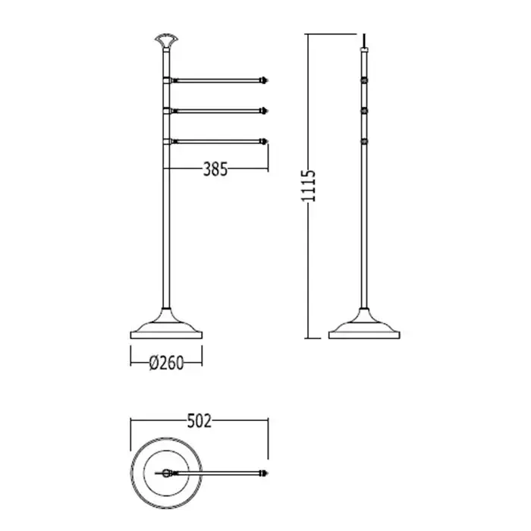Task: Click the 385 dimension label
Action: tap(215, 169)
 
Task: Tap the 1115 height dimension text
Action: tap(308, 186)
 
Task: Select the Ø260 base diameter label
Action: tap(166, 363)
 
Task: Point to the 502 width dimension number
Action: tap(199, 421)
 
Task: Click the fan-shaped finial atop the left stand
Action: tap(166, 40)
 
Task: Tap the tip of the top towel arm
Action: tap(267, 80)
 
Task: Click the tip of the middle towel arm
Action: tap(267, 111)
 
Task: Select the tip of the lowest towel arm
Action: tap(267, 141)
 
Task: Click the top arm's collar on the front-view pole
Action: tap(167, 80)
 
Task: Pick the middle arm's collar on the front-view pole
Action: tap(167, 111)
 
